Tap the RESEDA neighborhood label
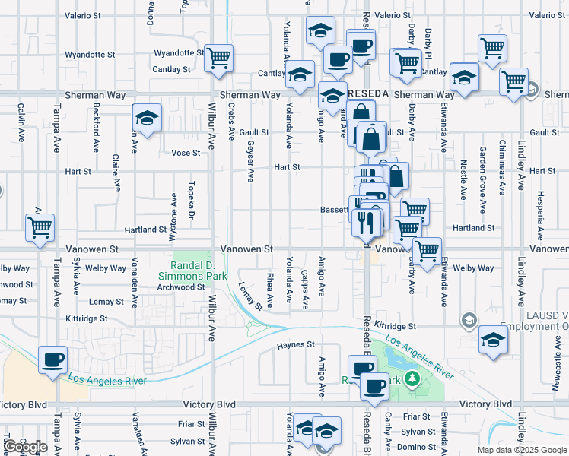(x=368, y=93)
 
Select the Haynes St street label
(x=295, y=344)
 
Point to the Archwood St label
(x=180, y=287)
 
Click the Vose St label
(x=186, y=153)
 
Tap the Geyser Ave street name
(x=250, y=163)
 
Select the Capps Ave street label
(x=305, y=290)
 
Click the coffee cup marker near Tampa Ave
(x=52, y=360)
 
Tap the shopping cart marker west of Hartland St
(x=39, y=226)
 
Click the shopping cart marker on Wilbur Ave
(x=219, y=58)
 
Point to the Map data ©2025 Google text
(x=522, y=450)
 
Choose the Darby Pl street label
(x=428, y=43)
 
